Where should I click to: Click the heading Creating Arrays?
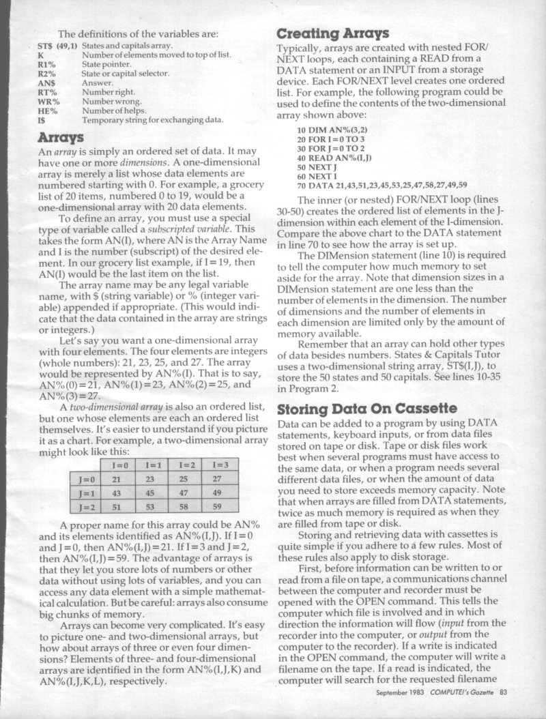point(332,33)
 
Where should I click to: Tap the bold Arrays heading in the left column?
point(61,138)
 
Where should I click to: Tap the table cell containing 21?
point(117,480)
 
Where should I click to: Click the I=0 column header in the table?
point(117,465)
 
